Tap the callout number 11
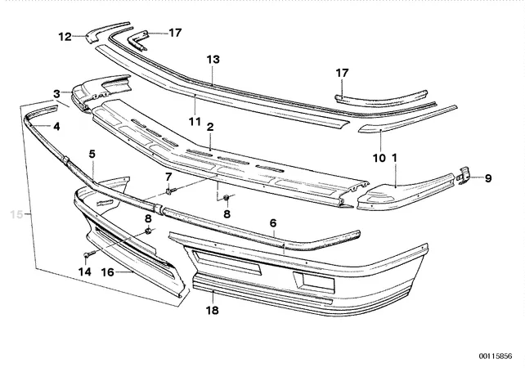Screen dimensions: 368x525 pyautogui.click(x=56, y=94)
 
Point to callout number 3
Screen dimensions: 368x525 pyautogui.click(x=56, y=127)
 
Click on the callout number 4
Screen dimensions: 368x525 pyautogui.click(x=92, y=153)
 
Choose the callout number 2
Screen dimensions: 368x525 pyautogui.click(x=272, y=223)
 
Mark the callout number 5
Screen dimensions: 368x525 pyautogui.click(x=168, y=177)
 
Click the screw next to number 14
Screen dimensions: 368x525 pyautogui.click(x=89, y=255)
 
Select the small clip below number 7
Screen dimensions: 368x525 pyautogui.click(x=168, y=192)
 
